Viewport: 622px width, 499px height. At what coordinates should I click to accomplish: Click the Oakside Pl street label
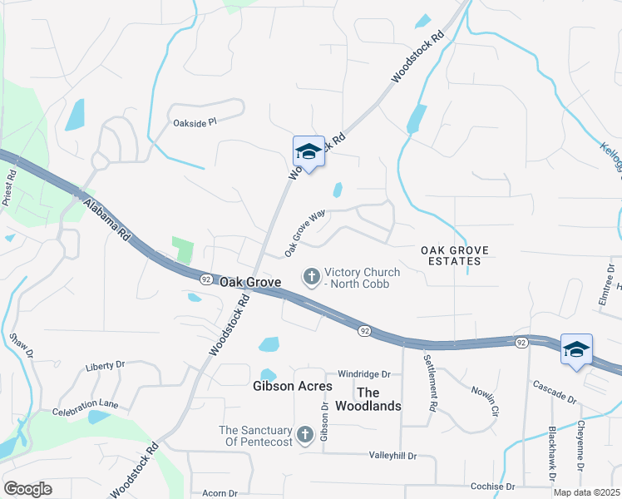point(194,121)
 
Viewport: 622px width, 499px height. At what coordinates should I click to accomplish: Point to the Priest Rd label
point(9,188)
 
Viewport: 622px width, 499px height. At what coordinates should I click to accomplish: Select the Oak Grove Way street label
point(304,233)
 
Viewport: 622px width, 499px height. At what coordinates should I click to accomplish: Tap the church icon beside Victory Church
point(312,277)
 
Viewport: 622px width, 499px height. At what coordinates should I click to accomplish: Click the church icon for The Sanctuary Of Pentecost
point(305,434)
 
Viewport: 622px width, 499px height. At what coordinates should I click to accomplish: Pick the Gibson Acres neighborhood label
point(292,387)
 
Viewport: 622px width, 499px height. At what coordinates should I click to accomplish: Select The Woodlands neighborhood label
point(368,399)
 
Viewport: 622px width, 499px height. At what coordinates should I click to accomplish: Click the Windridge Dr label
point(364,375)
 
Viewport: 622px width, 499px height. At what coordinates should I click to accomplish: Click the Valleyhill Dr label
point(392,456)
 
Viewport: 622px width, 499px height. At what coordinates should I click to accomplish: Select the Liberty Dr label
point(105,365)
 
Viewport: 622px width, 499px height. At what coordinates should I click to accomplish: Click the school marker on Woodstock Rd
point(309,152)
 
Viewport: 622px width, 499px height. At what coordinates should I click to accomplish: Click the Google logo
point(27,489)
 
